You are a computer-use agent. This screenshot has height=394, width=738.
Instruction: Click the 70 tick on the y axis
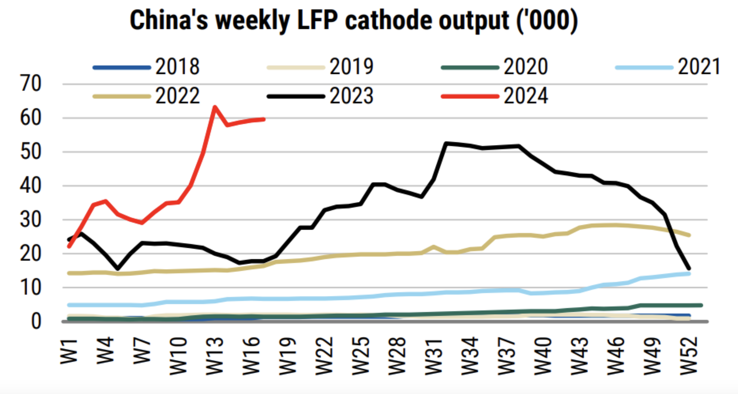[31, 84]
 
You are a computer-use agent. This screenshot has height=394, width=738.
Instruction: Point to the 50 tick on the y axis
[31, 152]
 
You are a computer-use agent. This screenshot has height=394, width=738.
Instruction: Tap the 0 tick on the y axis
[36, 322]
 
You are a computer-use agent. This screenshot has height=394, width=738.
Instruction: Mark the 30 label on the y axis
[31, 220]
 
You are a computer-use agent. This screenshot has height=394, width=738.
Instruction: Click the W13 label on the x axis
[214, 356]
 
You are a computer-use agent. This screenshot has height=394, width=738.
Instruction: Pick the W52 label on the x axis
[689, 356]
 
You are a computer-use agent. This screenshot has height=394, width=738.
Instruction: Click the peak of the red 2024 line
[214, 107]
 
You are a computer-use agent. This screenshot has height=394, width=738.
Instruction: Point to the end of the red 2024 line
[264, 119]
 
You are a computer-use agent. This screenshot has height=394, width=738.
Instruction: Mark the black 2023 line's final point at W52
[689, 268]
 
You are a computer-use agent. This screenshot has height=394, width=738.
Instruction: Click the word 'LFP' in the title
[317, 20]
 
